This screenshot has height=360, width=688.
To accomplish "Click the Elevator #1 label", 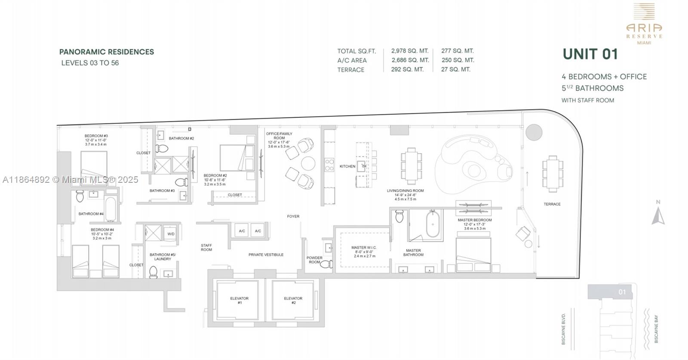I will [x=239, y=300].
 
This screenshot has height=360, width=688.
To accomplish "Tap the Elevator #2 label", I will [x=293, y=300].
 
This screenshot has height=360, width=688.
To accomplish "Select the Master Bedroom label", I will [x=475, y=220].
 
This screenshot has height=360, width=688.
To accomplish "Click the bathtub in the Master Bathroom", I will [x=433, y=223].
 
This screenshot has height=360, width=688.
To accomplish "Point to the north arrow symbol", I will [x=658, y=215].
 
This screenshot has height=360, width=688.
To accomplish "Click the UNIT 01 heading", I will [x=590, y=54].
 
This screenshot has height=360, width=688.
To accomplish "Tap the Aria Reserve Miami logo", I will [x=644, y=24].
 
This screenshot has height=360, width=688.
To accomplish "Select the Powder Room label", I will [x=314, y=260].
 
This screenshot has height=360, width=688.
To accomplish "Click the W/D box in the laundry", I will [x=171, y=234].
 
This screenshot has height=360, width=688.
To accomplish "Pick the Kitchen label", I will [x=347, y=166].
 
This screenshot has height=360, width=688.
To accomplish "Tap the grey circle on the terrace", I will [x=534, y=132].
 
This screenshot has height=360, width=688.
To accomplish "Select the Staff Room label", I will [x=206, y=247].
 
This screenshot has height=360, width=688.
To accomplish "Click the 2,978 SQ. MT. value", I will [x=410, y=51].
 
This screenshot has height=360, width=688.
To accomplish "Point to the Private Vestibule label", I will [x=266, y=255].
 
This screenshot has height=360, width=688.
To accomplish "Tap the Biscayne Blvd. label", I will [x=563, y=329].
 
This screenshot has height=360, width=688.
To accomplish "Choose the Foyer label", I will [x=293, y=216].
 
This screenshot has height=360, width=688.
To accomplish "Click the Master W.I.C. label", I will [x=364, y=248].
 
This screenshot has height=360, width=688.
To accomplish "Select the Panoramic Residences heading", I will [x=107, y=52].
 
